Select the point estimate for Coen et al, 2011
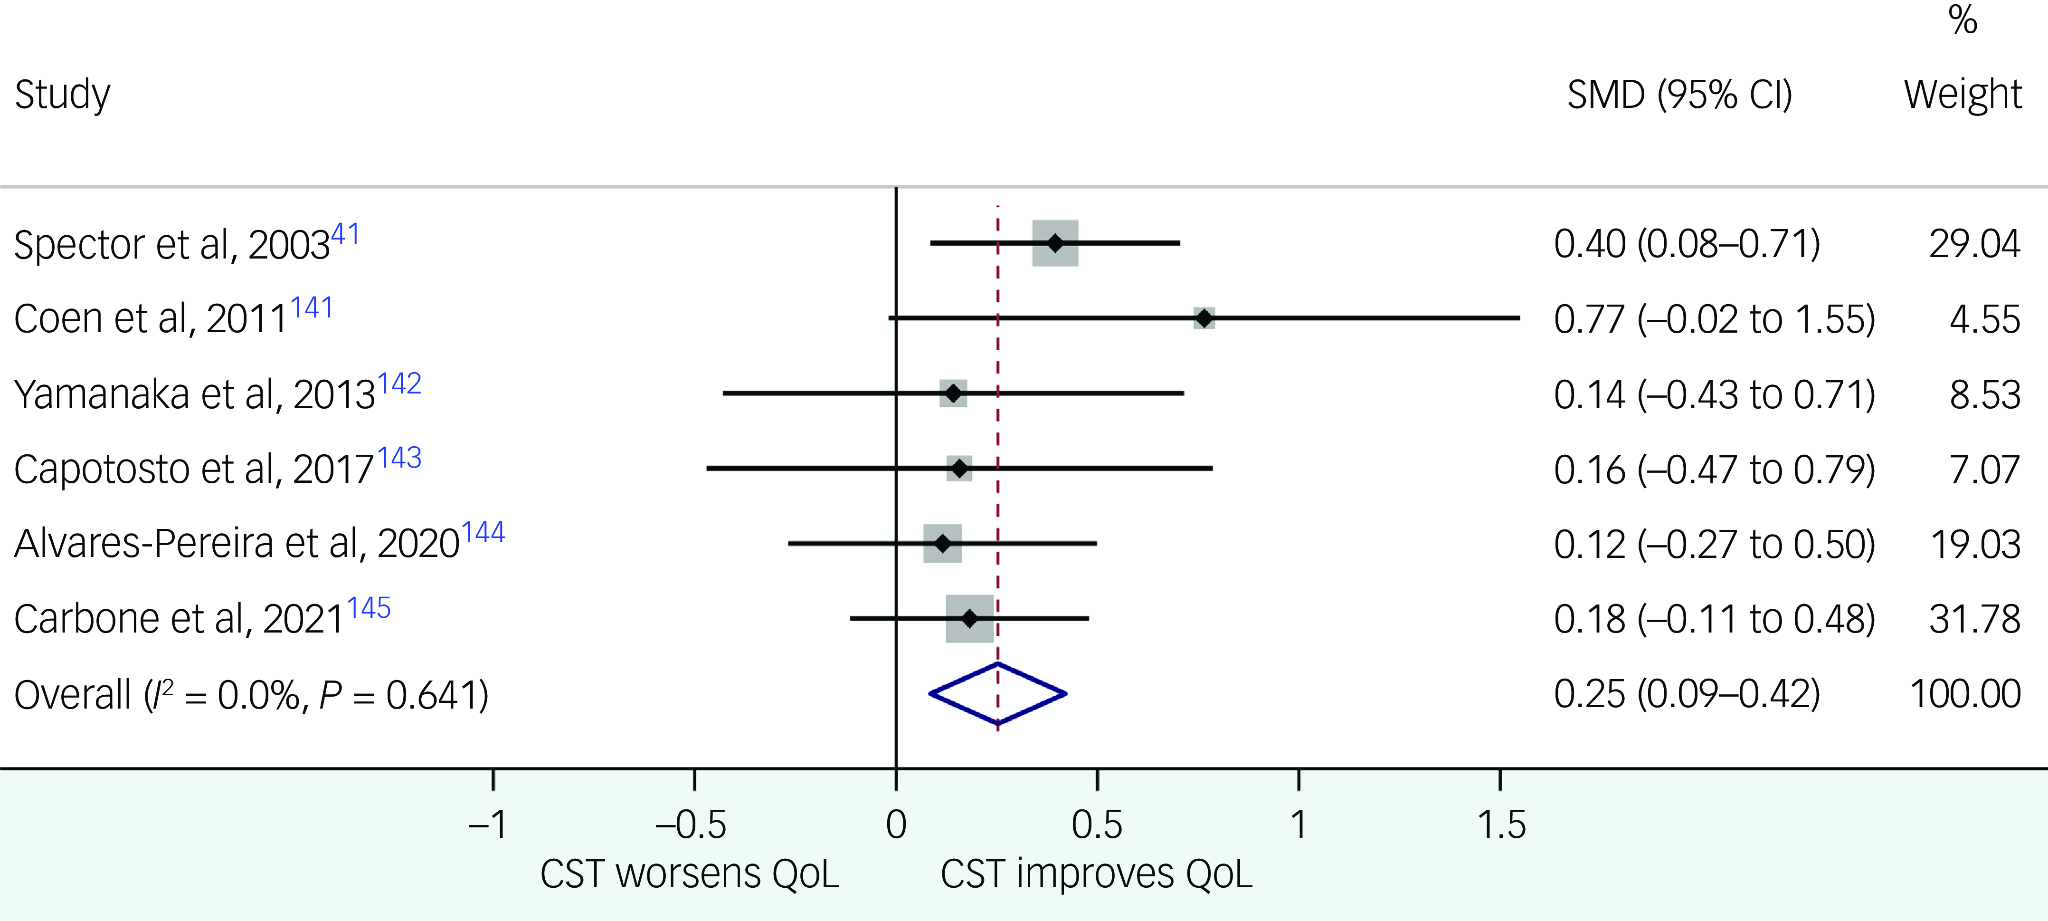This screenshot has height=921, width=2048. tap(1204, 318)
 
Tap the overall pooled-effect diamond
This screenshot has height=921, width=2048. tap(998, 693)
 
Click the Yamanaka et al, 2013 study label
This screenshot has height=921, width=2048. tap(195, 393)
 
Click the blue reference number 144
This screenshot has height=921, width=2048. tap(484, 532)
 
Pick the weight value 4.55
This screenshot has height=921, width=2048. tap(1984, 319)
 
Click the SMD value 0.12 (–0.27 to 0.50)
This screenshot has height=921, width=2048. tap(1714, 544)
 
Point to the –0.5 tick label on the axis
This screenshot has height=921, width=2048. tap(690, 825)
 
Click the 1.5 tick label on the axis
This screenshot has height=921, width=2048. tap(1501, 825)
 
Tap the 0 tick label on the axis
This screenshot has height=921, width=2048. tap(896, 825)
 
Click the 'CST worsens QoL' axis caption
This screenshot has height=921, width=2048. tap(689, 874)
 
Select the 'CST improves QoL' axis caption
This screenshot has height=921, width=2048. tap(1096, 874)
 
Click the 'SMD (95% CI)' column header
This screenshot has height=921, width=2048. tap(1679, 95)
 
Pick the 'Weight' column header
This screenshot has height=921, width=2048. tap(1962, 95)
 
